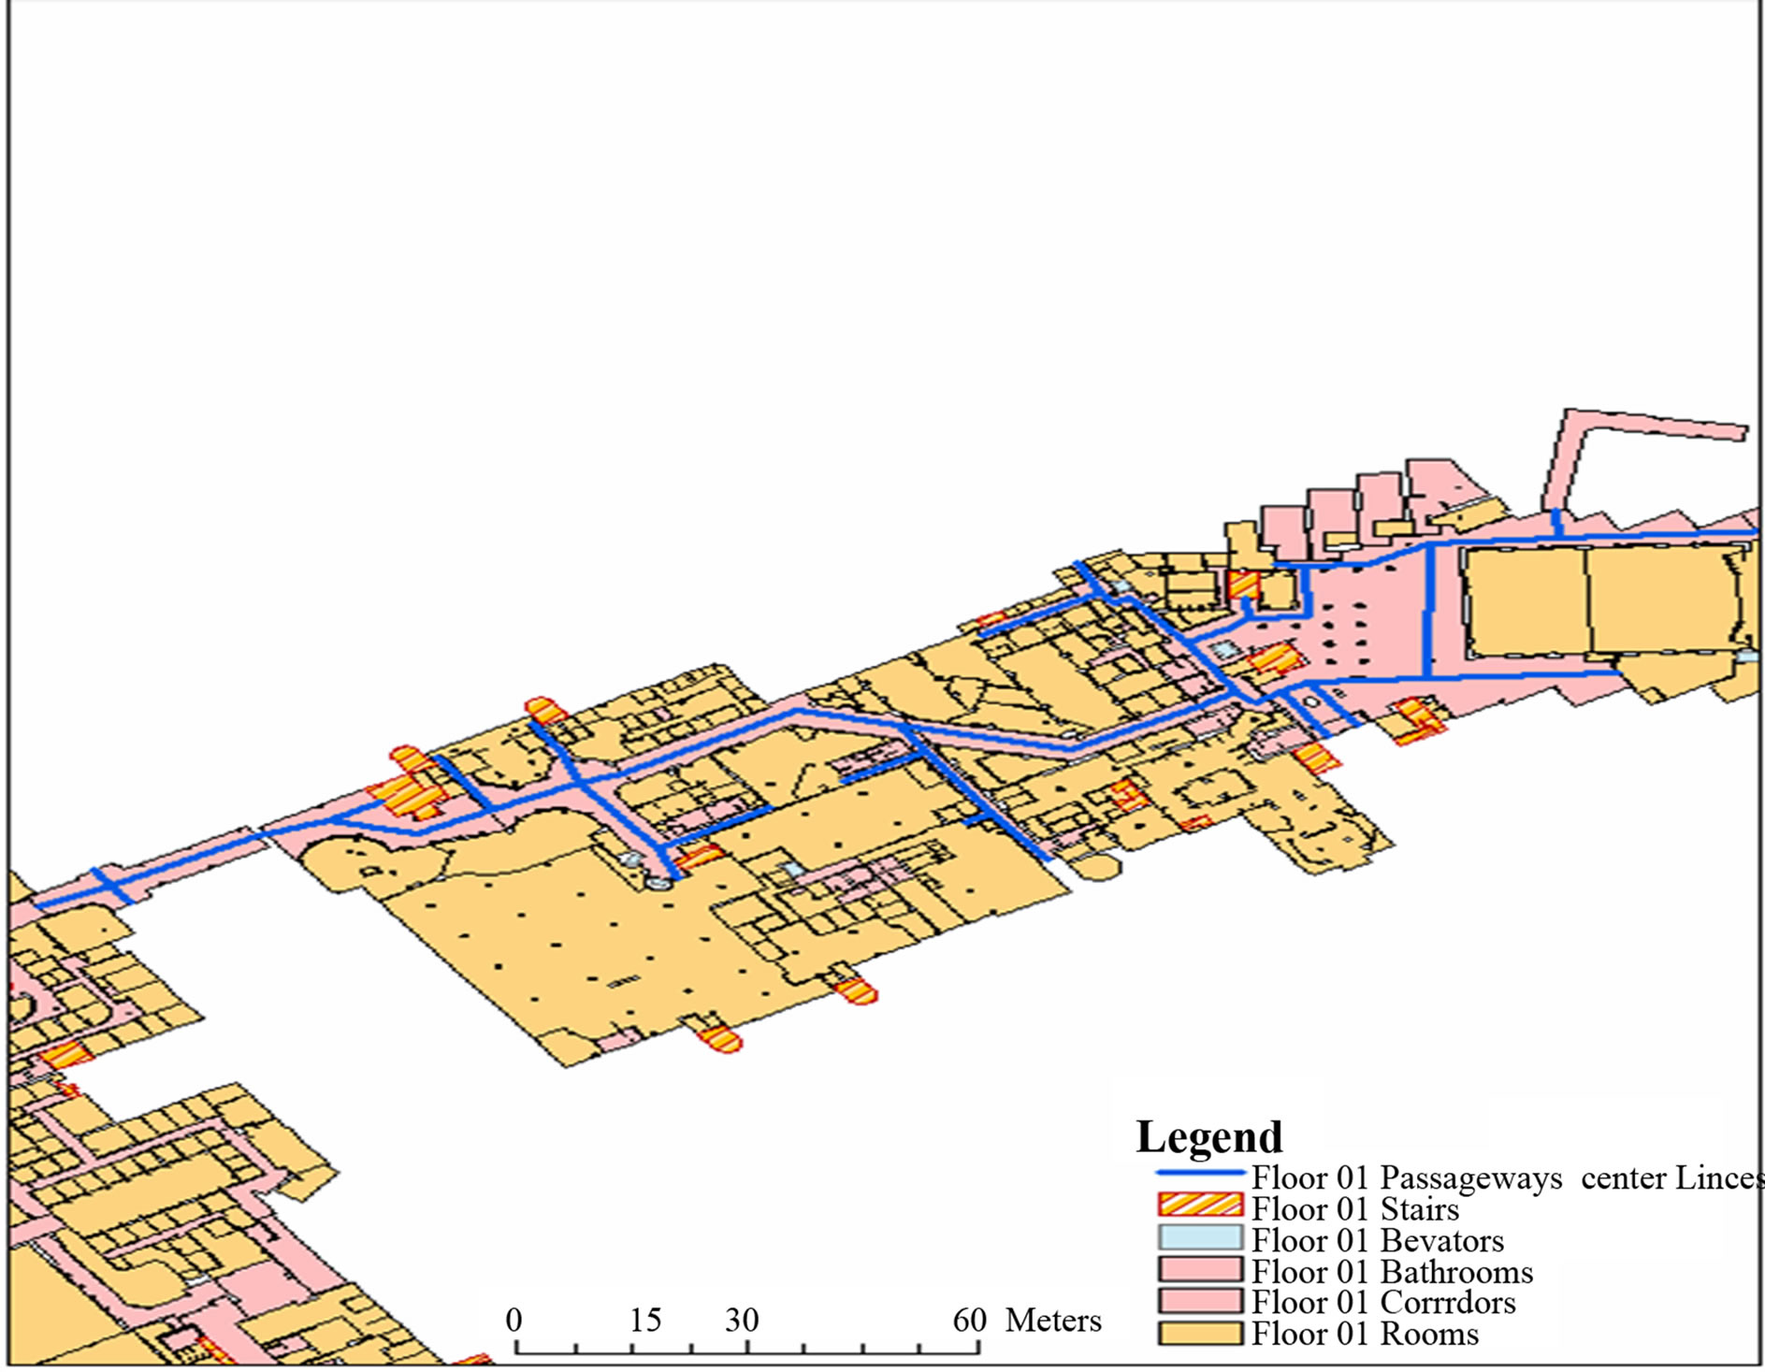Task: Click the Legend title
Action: pos(1208,1137)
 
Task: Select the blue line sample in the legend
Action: pos(1200,1173)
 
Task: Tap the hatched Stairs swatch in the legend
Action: pos(1200,1206)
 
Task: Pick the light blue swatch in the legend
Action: pos(1200,1237)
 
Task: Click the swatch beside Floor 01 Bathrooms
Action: pos(1200,1269)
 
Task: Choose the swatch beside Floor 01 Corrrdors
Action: pos(1200,1301)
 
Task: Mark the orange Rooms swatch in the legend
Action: pos(1200,1333)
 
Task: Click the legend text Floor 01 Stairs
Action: pos(1355,1209)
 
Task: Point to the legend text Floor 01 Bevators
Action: pos(1378,1241)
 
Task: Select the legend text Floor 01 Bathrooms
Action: pos(1393,1272)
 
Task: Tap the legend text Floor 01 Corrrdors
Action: pos(1383,1303)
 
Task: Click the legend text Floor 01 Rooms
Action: pos(1366,1335)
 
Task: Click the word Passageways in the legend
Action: pos(1470,1178)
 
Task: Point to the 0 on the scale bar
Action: pos(514,1320)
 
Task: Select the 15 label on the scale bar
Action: pos(644,1320)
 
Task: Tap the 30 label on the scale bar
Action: pos(742,1320)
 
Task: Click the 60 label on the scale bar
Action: pos(970,1320)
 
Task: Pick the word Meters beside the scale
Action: pos(1053,1321)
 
